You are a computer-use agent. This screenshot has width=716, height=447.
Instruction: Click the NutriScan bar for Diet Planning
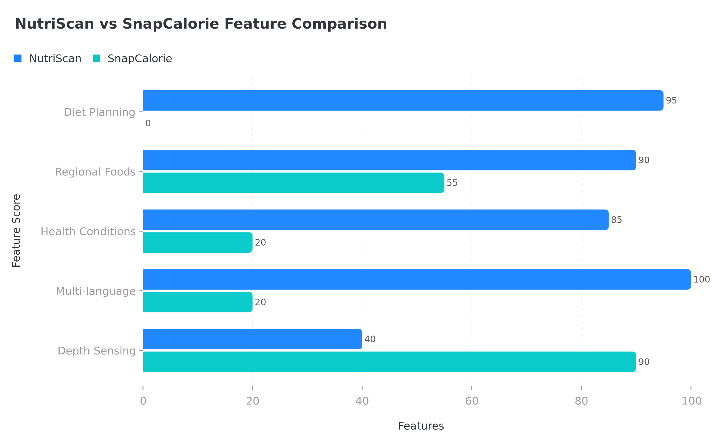point(403,100)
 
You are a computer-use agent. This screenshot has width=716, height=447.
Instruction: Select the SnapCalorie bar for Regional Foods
point(293,183)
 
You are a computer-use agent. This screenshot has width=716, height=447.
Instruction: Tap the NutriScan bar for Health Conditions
point(375,220)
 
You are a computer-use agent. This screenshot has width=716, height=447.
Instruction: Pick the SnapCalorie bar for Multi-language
point(197,302)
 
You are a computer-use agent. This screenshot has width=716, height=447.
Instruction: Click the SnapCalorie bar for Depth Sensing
point(389,361)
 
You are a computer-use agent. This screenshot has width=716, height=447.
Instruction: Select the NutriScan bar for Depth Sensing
point(252,339)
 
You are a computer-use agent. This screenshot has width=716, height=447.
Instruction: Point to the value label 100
point(701,280)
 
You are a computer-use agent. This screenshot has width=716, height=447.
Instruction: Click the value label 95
point(671,101)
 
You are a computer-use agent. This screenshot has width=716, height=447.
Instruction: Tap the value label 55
point(452,183)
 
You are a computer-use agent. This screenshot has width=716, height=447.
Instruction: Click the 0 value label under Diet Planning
point(148,123)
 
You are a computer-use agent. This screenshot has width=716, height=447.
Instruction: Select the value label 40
point(370,339)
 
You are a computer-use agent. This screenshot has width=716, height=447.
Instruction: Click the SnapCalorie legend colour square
point(96,58)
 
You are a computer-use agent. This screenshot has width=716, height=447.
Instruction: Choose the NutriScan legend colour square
point(18,58)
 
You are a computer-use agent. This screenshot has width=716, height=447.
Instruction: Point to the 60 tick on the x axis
point(472,401)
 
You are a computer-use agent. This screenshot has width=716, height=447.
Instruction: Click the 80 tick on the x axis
point(581,401)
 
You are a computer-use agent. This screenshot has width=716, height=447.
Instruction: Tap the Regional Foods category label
point(95,172)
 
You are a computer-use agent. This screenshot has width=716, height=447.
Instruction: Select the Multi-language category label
point(95,291)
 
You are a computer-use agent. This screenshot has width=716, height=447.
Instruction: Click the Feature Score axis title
point(16,231)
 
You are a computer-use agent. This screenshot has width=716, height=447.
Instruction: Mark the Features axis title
point(421,426)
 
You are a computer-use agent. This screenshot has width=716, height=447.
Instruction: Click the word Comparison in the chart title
point(339,24)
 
